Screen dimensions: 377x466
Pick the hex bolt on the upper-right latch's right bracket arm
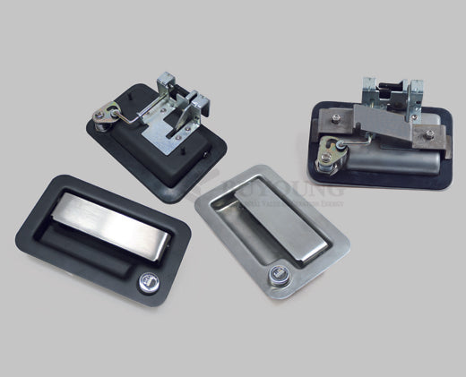[x=428, y=135]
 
